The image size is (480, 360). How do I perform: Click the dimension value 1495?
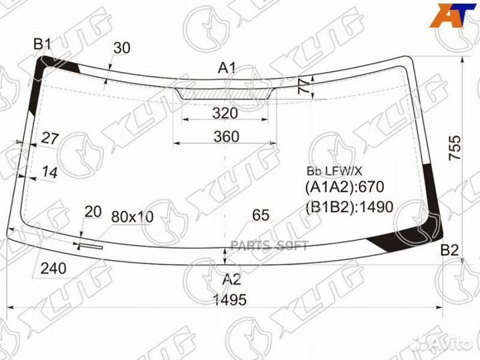click(229, 300)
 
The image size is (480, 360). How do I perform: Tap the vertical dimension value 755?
click(455, 148)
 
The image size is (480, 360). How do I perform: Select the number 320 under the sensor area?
click(225, 113)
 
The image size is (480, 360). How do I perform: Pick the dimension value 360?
click(226, 137)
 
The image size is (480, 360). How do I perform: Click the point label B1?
click(42, 45)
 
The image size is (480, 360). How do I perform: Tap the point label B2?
click(449, 251)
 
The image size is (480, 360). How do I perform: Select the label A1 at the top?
click(227, 67)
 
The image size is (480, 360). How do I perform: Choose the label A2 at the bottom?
click(231, 279)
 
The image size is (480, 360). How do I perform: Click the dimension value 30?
click(122, 48)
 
